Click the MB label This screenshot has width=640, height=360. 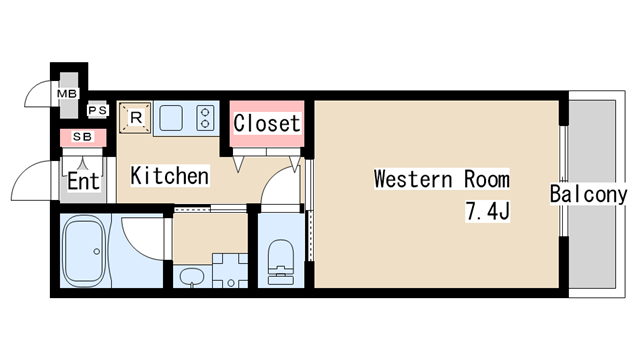pos(67,94)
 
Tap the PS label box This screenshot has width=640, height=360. pos(98,110)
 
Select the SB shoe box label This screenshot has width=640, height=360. pos(83,137)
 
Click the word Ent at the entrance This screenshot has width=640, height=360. pos(83,182)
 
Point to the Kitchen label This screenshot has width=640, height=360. pos(170,176)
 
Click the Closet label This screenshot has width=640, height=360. pos(267,123)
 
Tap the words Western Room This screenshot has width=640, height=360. pos(442,179)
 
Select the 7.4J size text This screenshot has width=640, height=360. pos(488,211)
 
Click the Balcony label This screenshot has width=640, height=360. pos(588,194)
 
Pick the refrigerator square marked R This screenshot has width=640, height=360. pos(136,118)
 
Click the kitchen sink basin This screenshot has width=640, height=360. pos(171,118)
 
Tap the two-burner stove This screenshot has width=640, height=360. pos(205,118)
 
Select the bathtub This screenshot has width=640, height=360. pos(85,250)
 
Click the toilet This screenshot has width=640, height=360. pos(281,262)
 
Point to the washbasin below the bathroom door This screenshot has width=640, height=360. pos(192,276)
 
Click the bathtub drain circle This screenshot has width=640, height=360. pos(97,251)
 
